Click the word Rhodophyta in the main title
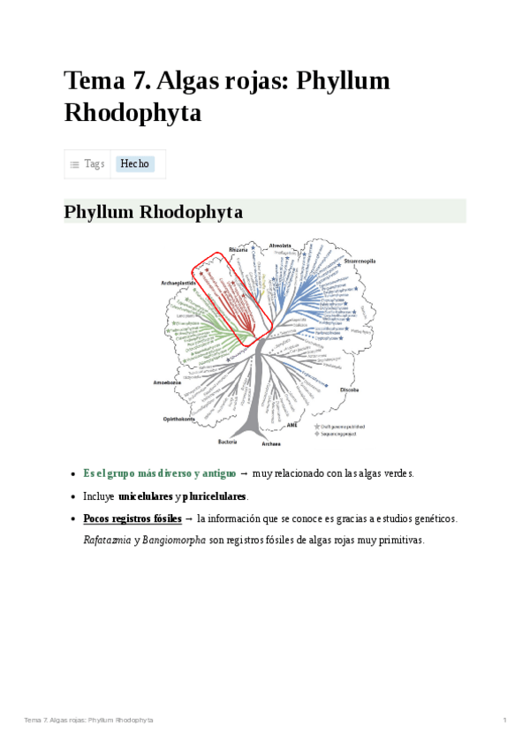(x=132, y=113)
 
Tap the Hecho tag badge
(x=135, y=164)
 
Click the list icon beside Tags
(x=75, y=164)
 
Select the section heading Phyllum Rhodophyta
(x=154, y=212)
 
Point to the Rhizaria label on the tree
(x=238, y=250)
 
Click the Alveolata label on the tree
(x=280, y=245)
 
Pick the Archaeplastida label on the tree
(x=178, y=283)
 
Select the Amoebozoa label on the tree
(x=168, y=382)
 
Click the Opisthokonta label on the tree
(x=179, y=418)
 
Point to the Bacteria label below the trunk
(x=227, y=441)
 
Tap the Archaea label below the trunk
(x=271, y=443)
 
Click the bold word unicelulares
(x=145, y=496)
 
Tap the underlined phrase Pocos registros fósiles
(x=132, y=518)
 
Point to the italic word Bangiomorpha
(x=174, y=540)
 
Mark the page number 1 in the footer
(x=504, y=721)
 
